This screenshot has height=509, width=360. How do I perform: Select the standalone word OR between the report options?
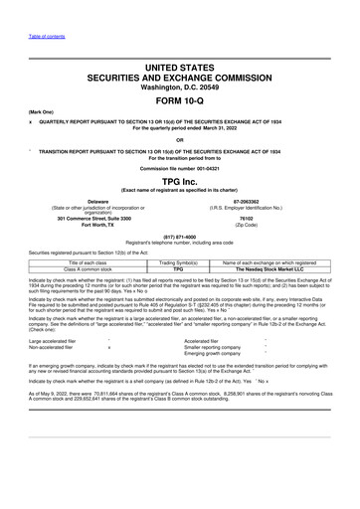click(x=179, y=139)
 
